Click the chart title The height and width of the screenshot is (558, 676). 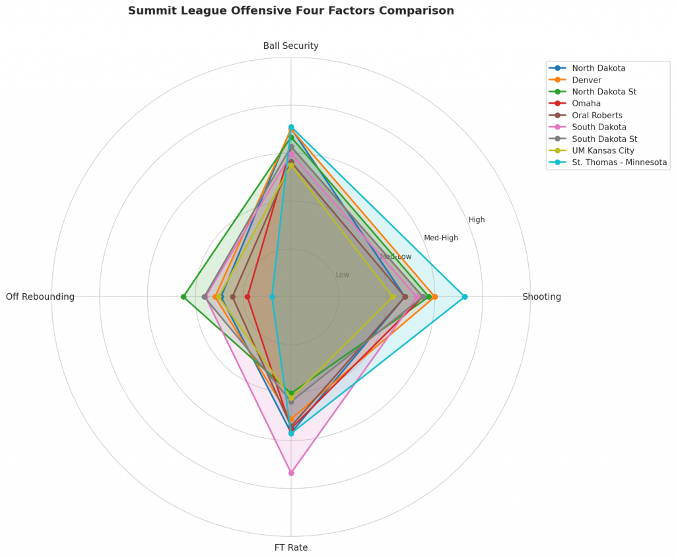(x=290, y=11)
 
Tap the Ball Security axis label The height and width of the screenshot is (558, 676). (x=290, y=46)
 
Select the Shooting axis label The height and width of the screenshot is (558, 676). (x=541, y=296)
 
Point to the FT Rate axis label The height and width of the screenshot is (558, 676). (x=290, y=547)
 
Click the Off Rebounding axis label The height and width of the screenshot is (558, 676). (x=40, y=296)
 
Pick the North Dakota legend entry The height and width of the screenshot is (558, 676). (x=599, y=68)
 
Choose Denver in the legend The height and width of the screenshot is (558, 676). (x=588, y=80)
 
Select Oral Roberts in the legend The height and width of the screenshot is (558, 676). (x=597, y=116)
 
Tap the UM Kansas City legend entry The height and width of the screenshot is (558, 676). (x=603, y=151)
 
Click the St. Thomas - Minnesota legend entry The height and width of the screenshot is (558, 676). (x=619, y=162)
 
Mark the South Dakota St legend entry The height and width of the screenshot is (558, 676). (x=604, y=139)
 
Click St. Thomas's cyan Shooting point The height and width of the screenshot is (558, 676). (x=465, y=296)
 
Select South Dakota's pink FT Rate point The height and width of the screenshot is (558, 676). (x=291, y=473)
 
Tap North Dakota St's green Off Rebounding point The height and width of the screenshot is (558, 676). (x=184, y=296)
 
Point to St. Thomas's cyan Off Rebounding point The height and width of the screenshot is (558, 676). (x=272, y=296)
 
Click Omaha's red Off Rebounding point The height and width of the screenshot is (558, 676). (x=248, y=296)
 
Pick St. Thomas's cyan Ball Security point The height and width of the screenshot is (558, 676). (x=291, y=127)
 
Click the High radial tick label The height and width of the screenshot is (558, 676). (x=477, y=220)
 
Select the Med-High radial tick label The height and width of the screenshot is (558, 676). (x=440, y=238)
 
